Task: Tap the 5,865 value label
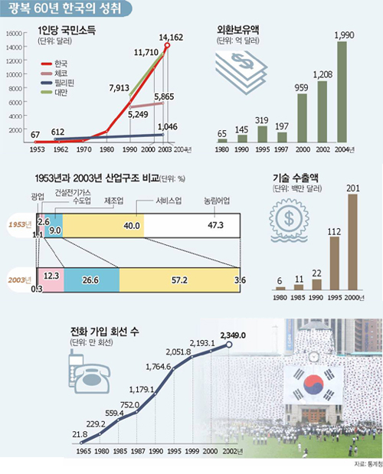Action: coord(169,97)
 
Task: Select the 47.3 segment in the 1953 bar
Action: coord(191,226)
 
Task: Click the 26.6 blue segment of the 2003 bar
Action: coord(92,280)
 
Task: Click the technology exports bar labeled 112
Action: coord(334,265)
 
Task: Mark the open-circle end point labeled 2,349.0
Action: coord(228,345)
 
